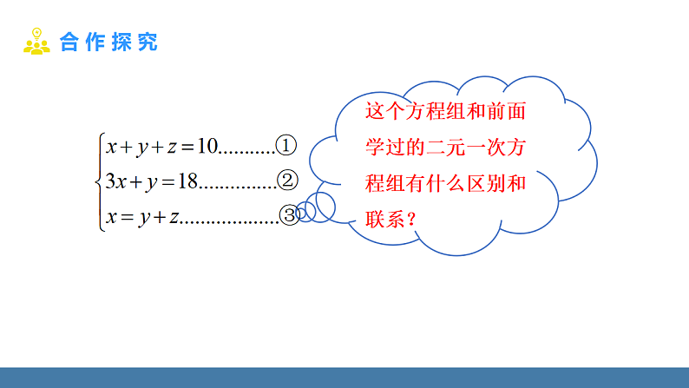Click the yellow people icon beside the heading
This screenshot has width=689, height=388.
(x=36, y=41)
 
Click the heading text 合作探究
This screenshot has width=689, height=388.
(x=108, y=42)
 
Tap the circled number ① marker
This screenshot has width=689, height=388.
(x=285, y=145)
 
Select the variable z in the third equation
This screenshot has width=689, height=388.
(x=173, y=217)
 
